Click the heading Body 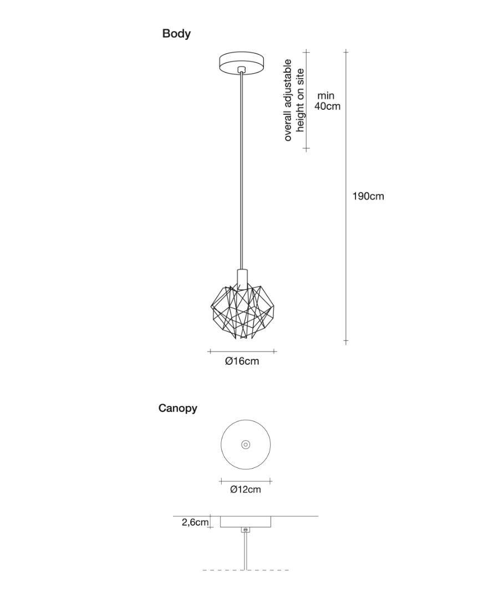click(x=176, y=34)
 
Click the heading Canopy click(x=177, y=409)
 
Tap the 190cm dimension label click(x=368, y=196)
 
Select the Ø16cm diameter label click(x=242, y=362)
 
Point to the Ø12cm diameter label click(x=245, y=490)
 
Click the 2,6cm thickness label click(x=195, y=522)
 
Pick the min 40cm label click(x=327, y=101)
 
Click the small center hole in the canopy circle click(x=245, y=445)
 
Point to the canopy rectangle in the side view click(x=246, y=522)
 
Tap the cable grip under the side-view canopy click(x=245, y=530)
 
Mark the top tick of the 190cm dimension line click(x=346, y=52)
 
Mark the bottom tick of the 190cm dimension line click(x=346, y=341)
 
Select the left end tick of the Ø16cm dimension click(x=209, y=351)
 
